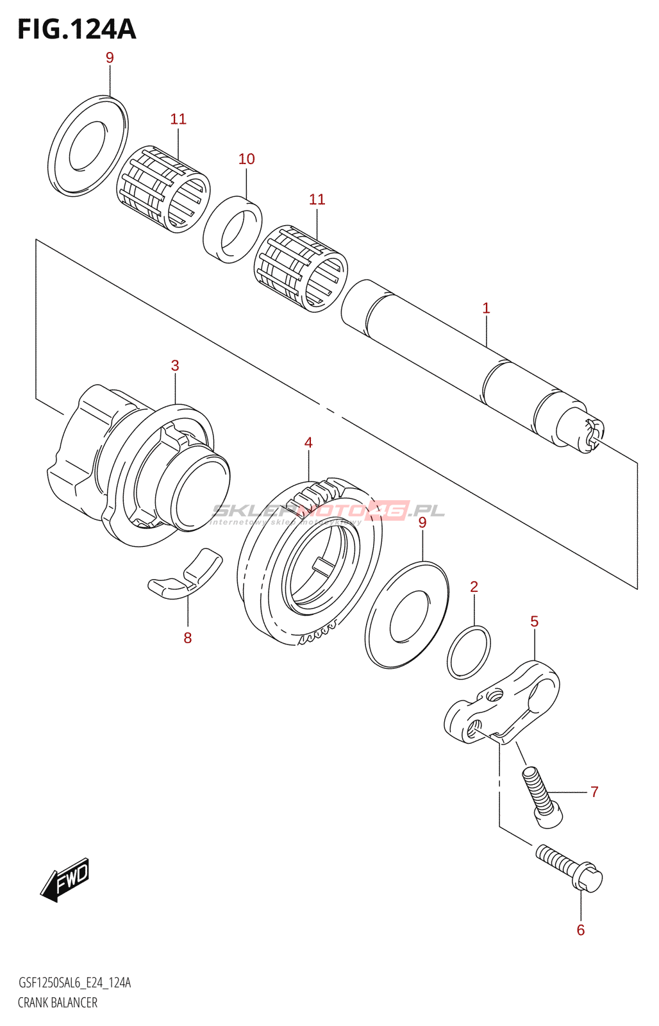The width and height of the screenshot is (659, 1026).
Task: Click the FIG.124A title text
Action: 77,29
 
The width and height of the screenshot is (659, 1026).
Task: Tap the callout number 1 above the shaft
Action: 486,308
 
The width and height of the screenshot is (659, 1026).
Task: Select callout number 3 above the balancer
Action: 175,366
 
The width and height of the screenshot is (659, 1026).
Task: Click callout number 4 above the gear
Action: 308,443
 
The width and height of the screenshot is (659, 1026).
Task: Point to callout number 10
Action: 247,159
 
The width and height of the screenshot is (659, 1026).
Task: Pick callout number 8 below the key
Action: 188,638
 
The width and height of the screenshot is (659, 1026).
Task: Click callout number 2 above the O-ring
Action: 474,587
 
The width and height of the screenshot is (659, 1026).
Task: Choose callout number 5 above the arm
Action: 534,622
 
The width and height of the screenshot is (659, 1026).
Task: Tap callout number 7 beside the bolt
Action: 594,793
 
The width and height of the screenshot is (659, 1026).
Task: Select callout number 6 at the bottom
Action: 581,930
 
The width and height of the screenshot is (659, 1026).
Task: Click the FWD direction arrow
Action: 65,880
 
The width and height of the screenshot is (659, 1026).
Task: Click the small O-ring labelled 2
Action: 469,653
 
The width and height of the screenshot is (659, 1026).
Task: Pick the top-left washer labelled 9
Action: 88,146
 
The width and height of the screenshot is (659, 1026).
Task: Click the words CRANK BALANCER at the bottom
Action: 58,1003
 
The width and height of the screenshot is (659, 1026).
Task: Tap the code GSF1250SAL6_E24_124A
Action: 74,983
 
